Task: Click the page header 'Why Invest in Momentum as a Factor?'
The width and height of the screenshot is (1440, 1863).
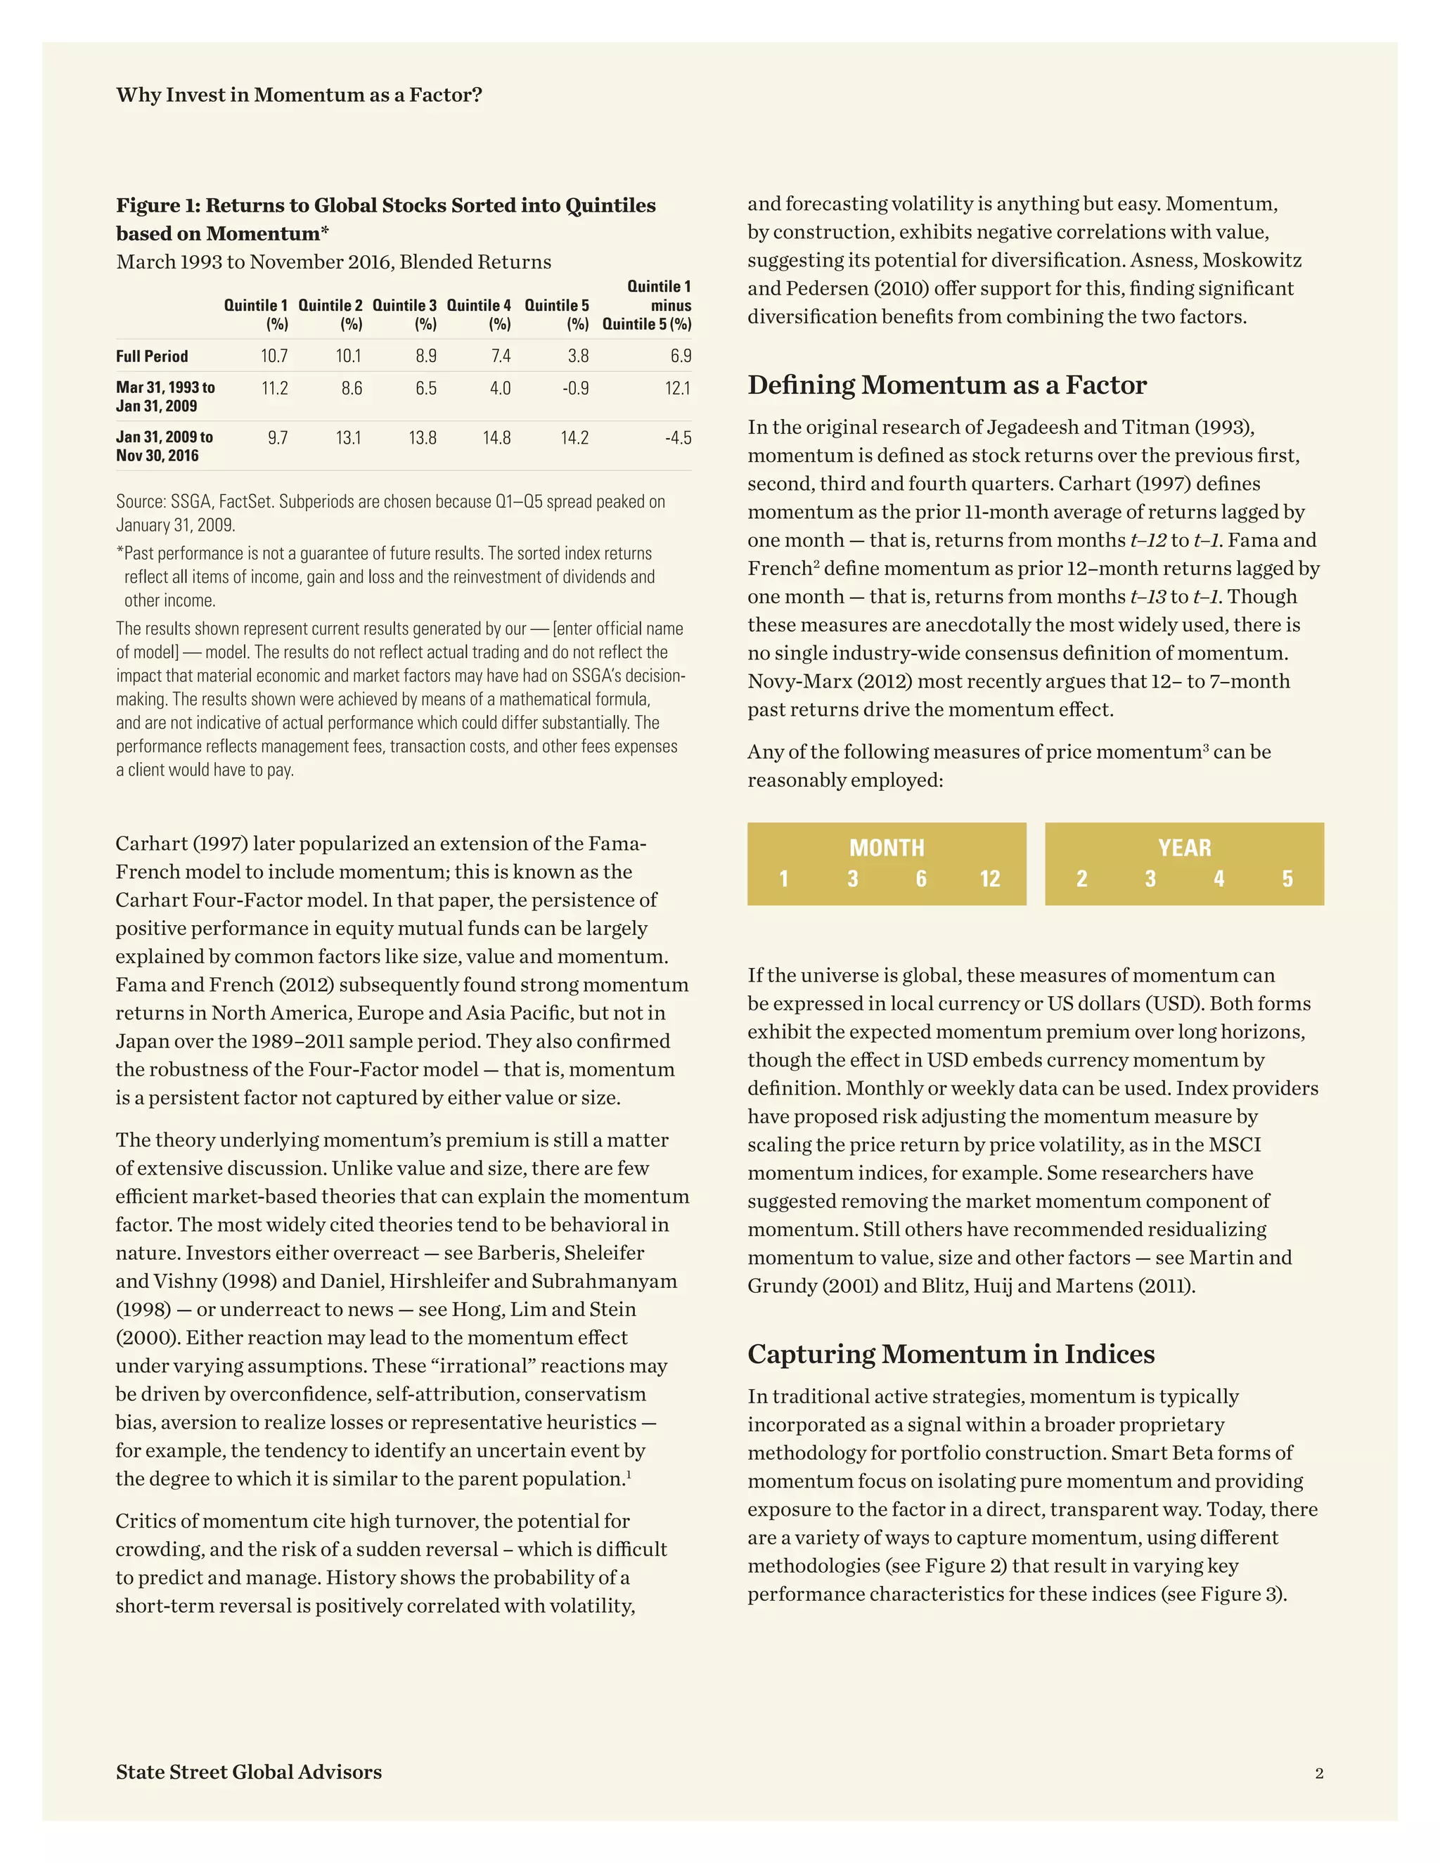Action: tap(299, 95)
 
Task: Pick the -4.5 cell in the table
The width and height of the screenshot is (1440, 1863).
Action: tap(679, 437)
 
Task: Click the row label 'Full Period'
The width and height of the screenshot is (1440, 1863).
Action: tap(152, 356)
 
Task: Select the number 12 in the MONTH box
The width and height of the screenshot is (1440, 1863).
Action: tap(989, 879)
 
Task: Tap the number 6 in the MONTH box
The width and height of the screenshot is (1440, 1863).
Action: tap(921, 879)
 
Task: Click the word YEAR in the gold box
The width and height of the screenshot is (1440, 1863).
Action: tap(1184, 848)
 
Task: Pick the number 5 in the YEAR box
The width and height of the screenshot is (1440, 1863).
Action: tap(1287, 879)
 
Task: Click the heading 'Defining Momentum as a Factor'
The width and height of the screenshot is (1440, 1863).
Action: tap(947, 385)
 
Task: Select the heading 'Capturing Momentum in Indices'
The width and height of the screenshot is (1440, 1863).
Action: tap(951, 1354)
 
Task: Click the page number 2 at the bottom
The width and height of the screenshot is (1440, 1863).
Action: tap(1319, 1774)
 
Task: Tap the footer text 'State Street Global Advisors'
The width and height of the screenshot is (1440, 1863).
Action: tap(249, 1772)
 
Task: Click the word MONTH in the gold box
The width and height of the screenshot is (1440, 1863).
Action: tap(887, 848)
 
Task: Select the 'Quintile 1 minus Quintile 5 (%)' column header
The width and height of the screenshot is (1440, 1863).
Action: tap(648, 305)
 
